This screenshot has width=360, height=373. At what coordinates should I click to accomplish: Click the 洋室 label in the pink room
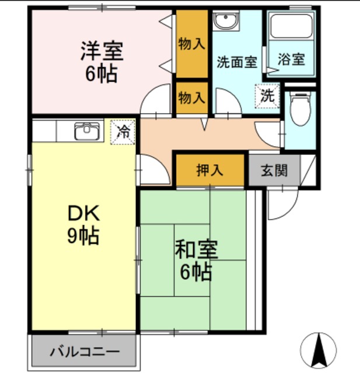tap(102, 51)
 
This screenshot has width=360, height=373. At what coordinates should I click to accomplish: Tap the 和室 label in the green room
tap(196, 250)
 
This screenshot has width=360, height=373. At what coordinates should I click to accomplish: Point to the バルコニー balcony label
tap(85, 352)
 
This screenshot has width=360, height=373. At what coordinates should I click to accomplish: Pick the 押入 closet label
tap(209, 170)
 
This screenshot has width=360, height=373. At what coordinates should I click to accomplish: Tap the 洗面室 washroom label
tap(237, 62)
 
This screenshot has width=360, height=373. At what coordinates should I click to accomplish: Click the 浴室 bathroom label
tap(291, 59)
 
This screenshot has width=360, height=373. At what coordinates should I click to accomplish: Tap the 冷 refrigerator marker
tap(123, 132)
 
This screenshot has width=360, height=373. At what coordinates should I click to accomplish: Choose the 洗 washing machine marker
tap(267, 96)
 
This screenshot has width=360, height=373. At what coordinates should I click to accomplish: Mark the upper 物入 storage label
tap(192, 44)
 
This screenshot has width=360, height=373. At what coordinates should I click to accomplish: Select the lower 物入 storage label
tap(192, 97)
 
